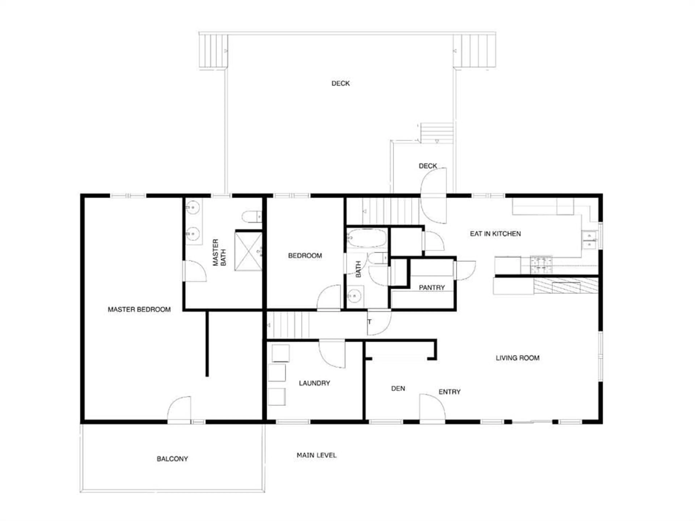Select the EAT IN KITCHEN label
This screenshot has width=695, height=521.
point(495,234)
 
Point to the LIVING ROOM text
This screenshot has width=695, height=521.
point(517,358)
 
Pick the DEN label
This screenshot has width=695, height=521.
point(398,389)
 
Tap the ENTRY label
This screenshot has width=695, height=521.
point(450,392)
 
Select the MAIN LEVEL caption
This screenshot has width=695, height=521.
point(316,455)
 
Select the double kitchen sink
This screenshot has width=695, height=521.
point(589,240)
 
